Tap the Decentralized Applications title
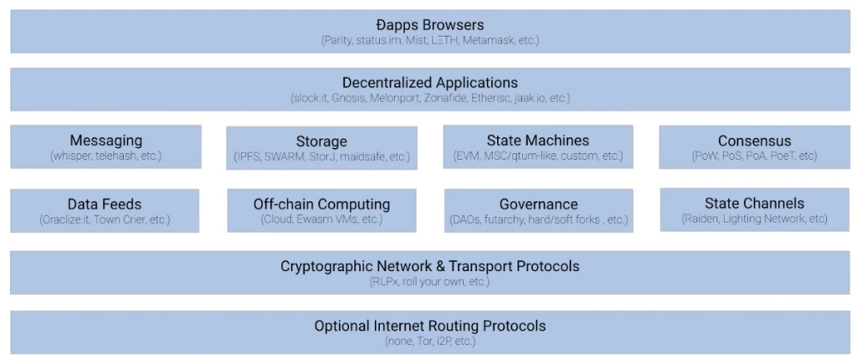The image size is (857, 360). pos(430,82)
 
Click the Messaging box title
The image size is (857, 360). pos(105,140)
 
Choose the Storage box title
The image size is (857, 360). pos(321,141)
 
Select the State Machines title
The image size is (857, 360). pos(538,140)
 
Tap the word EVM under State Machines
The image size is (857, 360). pos(466,156)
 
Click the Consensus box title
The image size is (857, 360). pos(754,141)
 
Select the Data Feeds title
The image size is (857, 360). pos(105,203)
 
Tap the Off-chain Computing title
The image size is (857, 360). pos(322,203)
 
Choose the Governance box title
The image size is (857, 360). pos(538,203)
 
